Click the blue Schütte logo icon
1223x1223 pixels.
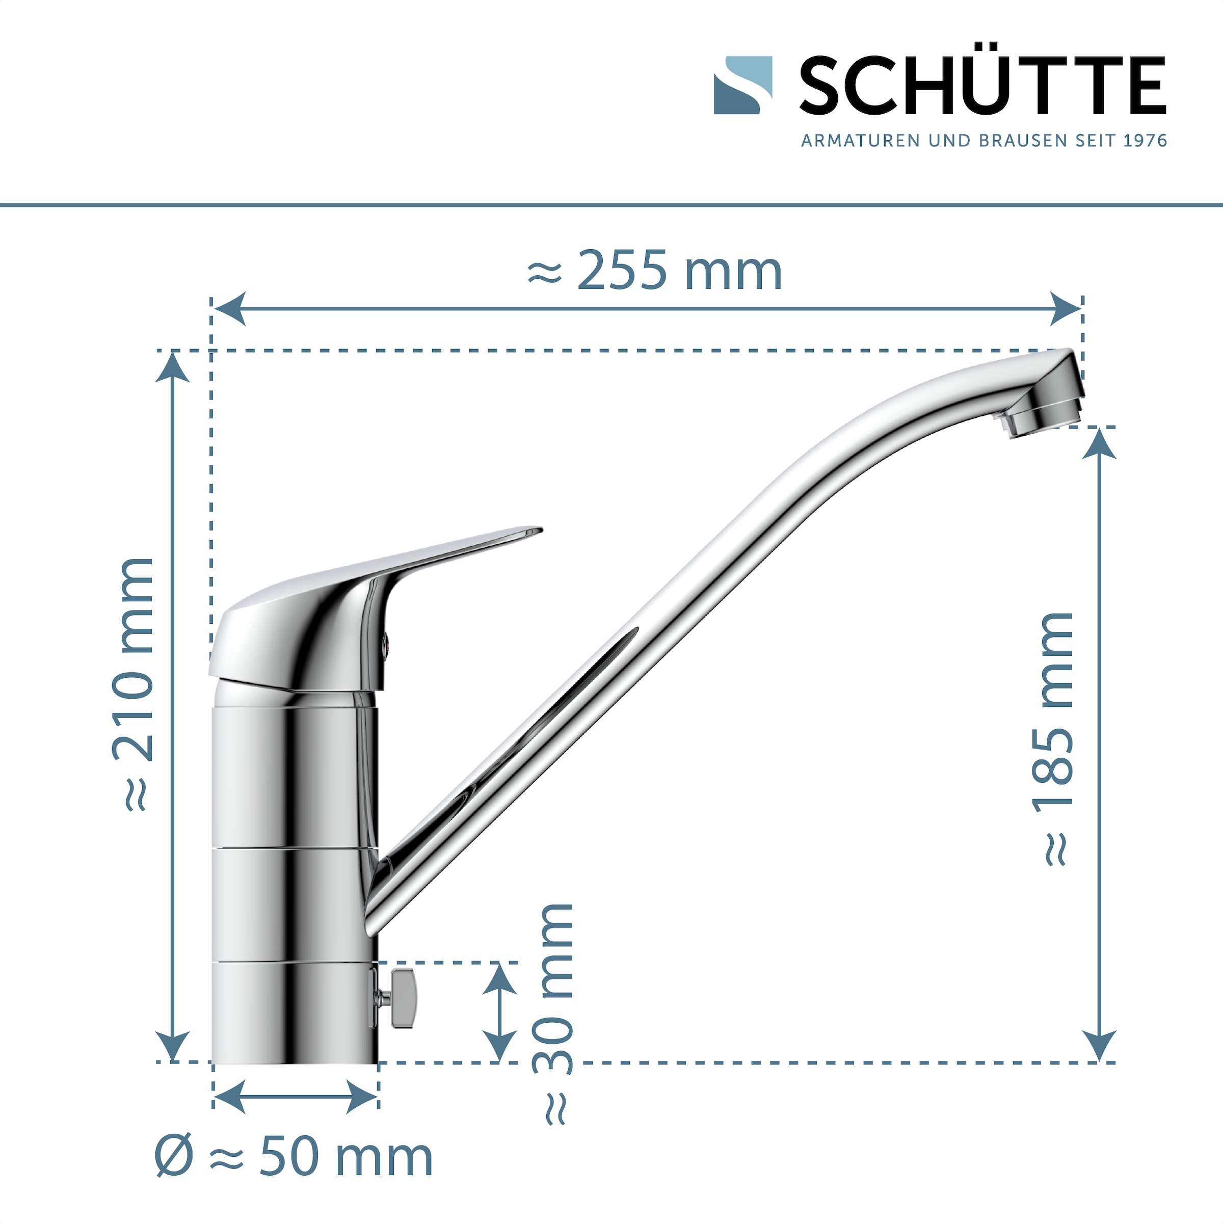point(742,86)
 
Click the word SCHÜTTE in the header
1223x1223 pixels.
point(982,86)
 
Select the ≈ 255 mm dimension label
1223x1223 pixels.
point(655,271)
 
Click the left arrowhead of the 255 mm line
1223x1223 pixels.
point(229,309)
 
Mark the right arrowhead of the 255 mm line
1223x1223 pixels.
point(1066,309)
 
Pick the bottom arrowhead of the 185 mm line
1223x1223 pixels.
point(1100,1046)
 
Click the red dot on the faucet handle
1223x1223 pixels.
point(386,646)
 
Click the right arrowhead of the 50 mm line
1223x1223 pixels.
point(363,1096)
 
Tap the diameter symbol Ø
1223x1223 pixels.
point(173,1156)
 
